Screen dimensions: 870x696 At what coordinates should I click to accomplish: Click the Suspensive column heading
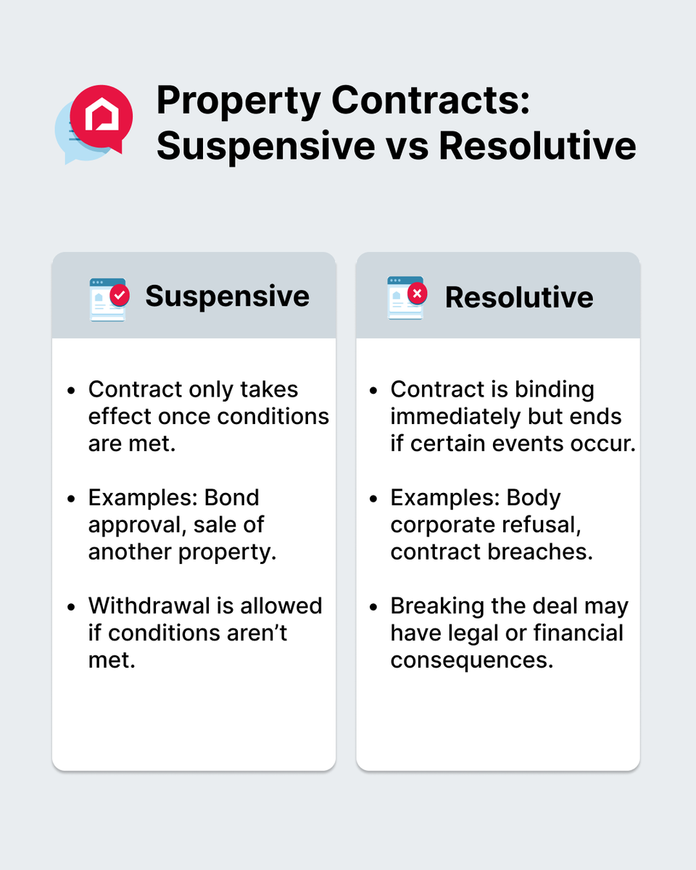click(x=227, y=296)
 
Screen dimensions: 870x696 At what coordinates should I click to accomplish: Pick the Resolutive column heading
click(x=519, y=297)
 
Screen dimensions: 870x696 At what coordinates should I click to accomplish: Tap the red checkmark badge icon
click(x=120, y=295)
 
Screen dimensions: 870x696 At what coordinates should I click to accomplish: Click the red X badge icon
click(x=418, y=294)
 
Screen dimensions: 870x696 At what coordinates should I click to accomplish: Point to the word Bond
click(x=232, y=498)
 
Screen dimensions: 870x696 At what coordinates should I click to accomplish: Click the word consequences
click(x=472, y=660)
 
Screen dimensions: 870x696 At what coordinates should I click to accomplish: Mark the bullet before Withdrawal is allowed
click(x=71, y=607)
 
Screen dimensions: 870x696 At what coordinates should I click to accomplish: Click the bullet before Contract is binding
click(x=373, y=391)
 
